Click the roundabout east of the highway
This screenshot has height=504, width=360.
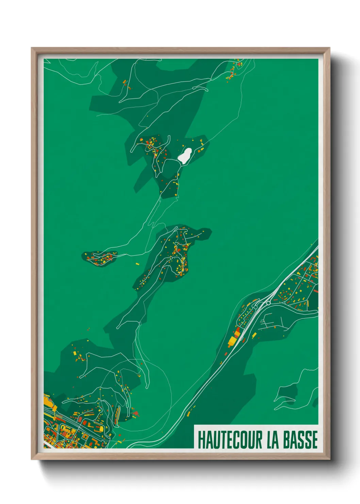[x=268, y=302]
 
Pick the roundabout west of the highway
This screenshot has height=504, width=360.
[x=255, y=307]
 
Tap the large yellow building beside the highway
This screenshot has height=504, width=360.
[x=232, y=341]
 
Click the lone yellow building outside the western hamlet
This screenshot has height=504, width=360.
[x=137, y=264]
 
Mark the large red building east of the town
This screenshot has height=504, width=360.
[x=135, y=413]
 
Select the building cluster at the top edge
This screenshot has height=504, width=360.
[x=234, y=70]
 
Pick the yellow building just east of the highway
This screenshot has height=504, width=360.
[x=254, y=336]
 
